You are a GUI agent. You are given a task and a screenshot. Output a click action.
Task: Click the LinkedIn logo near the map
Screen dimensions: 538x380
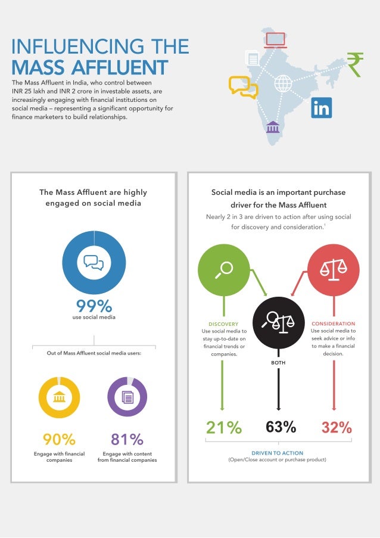click(322, 108)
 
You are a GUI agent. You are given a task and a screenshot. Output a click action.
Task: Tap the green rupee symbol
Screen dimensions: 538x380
click(355, 64)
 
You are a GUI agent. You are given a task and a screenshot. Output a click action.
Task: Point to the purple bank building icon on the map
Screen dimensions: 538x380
click(273, 127)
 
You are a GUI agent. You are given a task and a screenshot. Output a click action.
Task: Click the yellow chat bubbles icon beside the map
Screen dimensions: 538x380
click(244, 87)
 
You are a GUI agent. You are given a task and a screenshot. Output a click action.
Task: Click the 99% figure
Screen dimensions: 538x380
click(94, 306)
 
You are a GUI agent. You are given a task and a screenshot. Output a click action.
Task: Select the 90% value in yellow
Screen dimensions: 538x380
click(59, 440)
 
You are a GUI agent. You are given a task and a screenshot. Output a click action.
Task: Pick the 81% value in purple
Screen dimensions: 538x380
click(127, 440)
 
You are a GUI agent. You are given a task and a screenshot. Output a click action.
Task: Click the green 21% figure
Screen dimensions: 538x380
click(224, 427)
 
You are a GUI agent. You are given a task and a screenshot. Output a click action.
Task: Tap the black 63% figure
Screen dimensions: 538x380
click(281, 427)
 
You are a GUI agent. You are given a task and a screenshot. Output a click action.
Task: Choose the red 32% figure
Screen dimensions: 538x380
click(337, 427)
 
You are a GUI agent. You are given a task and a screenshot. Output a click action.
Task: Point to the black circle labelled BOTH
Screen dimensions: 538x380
click(278, 324)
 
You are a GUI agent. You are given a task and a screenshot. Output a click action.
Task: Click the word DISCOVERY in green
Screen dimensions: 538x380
click(224, 324)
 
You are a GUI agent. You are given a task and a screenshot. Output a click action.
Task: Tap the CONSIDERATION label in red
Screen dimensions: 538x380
click(333, 324)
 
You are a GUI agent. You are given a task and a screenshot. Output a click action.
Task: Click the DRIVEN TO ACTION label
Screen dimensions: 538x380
click(278, 453)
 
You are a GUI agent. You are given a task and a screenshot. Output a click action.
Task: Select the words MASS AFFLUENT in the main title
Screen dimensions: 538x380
click(90, 67)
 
